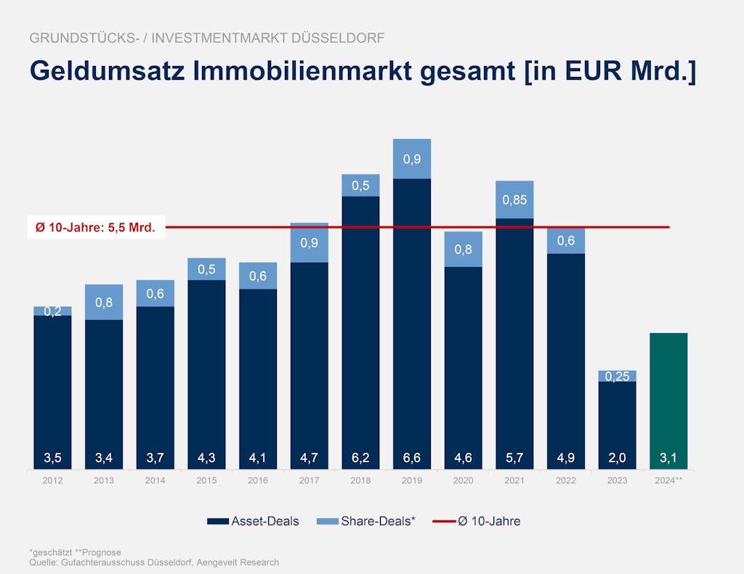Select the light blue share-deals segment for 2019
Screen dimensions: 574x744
click(412, 158)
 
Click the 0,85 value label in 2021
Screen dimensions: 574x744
click(514, 200)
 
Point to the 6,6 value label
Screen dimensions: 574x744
click(412, 459)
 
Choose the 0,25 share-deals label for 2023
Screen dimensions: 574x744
click(618, 377)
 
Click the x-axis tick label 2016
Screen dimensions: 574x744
click(258, 480)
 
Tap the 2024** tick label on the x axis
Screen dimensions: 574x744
click(668, 480)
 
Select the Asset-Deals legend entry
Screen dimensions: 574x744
click(253, 521)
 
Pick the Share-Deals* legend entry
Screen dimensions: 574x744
click(368, 521)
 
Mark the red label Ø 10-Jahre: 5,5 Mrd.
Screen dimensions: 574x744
click(95, 228)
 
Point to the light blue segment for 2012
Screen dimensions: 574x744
click(52, 311)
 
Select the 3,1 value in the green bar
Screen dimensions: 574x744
click(668, 459)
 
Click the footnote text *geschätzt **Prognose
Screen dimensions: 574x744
click(75, 552)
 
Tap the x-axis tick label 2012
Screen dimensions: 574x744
click(52, 480)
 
